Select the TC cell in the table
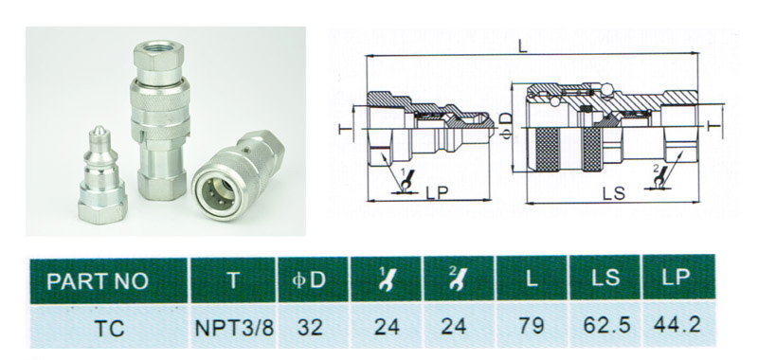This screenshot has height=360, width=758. (109, 328)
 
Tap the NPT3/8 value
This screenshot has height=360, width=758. (234, 328)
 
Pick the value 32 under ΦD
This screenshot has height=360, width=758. (310, 328)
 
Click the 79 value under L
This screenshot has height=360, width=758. (532, 326)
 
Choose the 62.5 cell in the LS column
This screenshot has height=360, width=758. (606, 325)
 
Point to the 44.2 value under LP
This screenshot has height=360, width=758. (677, 325)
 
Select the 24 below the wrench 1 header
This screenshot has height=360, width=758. (387, 327)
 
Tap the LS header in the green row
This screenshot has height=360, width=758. (606, 279)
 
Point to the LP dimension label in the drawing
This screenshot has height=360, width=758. (437, 192)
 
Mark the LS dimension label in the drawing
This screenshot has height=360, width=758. (613, 193)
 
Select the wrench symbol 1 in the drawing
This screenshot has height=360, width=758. (407, 179)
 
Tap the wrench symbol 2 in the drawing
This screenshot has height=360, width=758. (659, 177)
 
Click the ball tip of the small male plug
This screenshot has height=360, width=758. (99, 131)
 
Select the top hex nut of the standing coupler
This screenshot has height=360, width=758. (158, 57)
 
